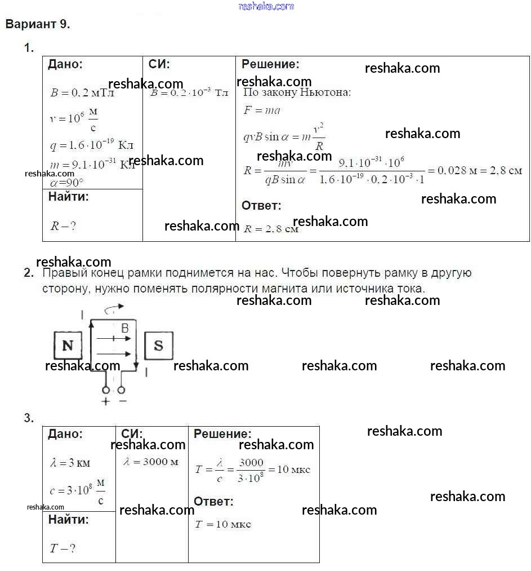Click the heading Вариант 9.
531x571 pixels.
37,24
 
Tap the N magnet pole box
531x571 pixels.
68,345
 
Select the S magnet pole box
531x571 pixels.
158,345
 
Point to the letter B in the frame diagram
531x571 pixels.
125,328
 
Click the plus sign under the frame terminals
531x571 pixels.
105,401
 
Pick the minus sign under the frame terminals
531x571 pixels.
122,401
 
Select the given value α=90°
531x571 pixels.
66,182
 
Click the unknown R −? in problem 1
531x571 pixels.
63,226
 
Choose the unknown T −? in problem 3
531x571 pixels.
63,548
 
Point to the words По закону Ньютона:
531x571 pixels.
297,92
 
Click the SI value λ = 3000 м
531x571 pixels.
151,462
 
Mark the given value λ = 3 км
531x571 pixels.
70,463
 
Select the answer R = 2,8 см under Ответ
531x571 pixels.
271,229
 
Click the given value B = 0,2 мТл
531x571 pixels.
82,93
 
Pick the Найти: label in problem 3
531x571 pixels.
68,520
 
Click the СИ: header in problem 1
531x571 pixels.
159,64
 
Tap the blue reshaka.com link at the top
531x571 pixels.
266,6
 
